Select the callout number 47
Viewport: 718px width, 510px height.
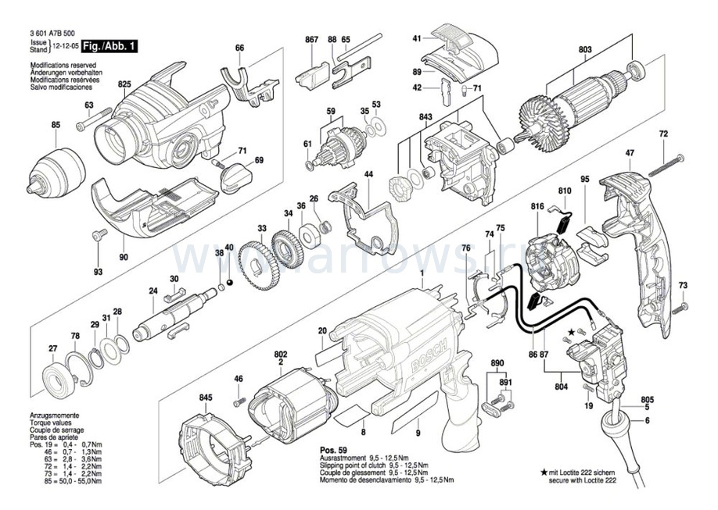pyautogui.click(x=630, y=153)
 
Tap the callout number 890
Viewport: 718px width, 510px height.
pyautogui.click(x=497, y=365)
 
